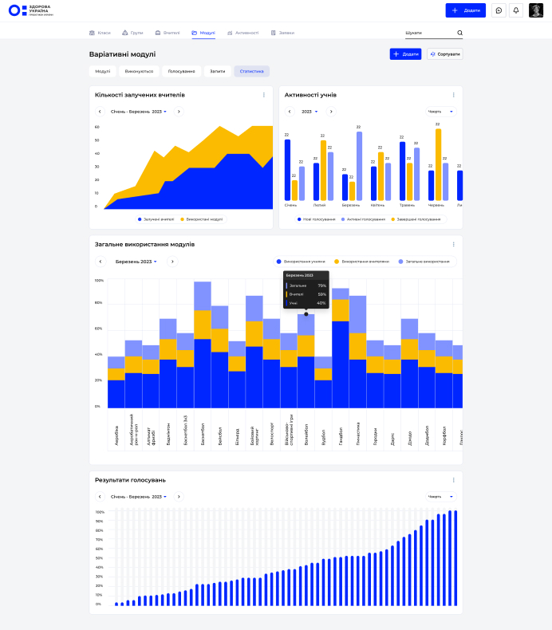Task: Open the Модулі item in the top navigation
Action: [x=203, y=33]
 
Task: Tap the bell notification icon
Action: [x=516, y=10]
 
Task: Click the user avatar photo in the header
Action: [x=536, y=10]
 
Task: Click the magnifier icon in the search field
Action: [x=459, y=33]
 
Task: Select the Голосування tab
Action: [x=181, y=71]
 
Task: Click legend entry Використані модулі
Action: [x=203, y=219]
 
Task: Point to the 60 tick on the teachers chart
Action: [x=97, y=127]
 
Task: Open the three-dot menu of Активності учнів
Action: [x=454, y=95]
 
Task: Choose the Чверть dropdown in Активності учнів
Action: [x=440, y=112]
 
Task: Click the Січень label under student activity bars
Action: [x=290, y=205]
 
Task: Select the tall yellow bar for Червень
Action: [x=438, y=164]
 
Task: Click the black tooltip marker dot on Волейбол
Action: [x=306, y=313]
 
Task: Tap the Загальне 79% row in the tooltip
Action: [x=306, y=285]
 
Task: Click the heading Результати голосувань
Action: [x=130, y=480]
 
